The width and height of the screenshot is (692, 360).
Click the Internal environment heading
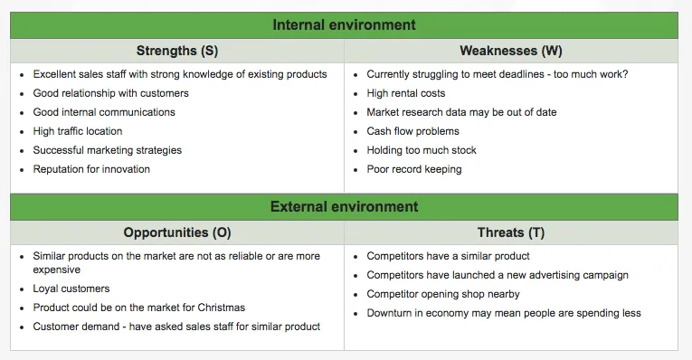344,25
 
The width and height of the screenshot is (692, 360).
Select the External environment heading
344,207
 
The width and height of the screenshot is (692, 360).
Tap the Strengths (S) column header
177,51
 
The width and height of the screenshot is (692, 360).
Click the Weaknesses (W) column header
510,51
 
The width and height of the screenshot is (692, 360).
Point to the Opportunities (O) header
177,232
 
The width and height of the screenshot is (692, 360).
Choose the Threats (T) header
511,232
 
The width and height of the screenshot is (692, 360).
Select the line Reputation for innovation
91,169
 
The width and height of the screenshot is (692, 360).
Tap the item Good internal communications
104,112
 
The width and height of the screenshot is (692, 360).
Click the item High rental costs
405,93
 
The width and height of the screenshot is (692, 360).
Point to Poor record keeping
413,169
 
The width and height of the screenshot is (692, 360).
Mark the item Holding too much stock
421,150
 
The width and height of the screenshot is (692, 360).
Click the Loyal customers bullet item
71,289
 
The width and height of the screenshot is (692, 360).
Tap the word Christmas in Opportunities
222,308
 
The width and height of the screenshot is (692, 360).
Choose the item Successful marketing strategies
107,150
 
